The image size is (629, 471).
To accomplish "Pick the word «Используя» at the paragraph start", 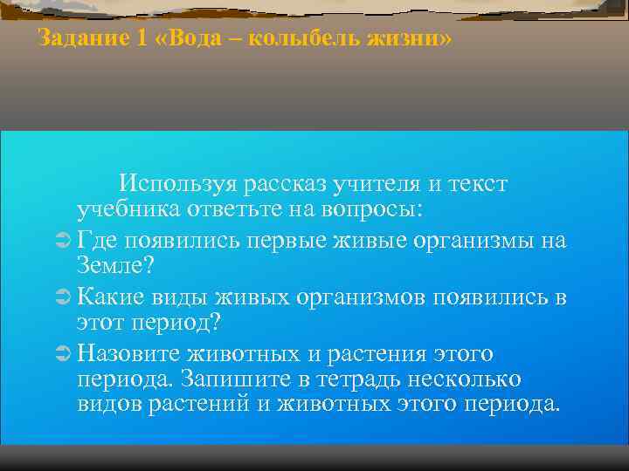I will click(179, 184).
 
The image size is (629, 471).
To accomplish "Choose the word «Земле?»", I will click(108, 264).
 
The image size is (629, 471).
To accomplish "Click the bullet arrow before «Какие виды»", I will click(60, 298).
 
